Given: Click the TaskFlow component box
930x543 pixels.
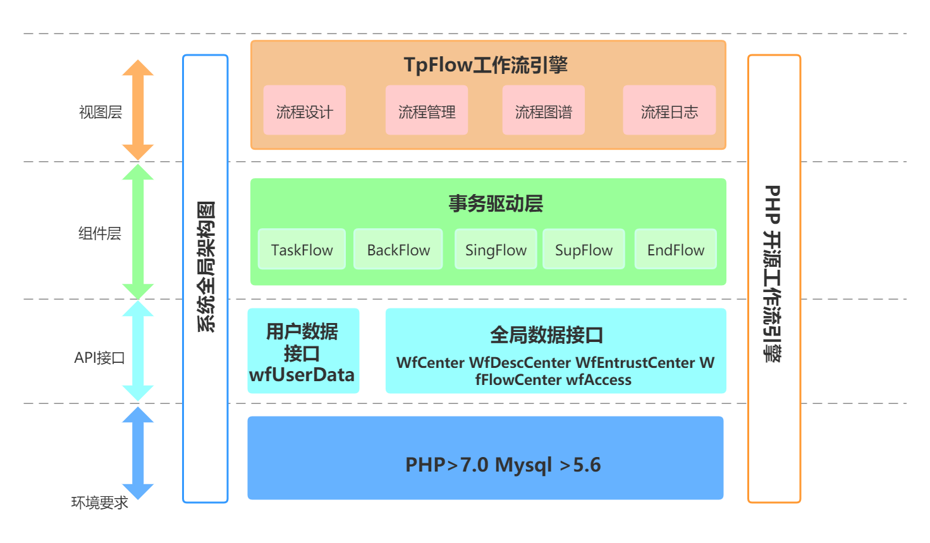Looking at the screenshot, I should (302, 250).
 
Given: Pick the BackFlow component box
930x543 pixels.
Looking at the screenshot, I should (398, 250).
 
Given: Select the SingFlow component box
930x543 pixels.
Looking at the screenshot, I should (496, 250).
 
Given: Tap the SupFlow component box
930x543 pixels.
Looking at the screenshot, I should (584, 250).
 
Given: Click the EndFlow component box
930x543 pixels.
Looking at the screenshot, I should (675, 250).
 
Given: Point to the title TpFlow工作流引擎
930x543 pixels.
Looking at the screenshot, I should (486, 65).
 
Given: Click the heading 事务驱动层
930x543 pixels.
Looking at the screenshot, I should (496, 204).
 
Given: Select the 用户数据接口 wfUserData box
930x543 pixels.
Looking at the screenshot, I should (303, 351).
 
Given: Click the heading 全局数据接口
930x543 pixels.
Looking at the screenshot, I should (547, 335).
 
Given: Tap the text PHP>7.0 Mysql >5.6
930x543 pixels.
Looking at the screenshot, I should (503, 465).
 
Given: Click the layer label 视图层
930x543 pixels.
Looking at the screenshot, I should (100, 113).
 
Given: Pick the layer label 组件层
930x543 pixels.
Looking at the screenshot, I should (99, 234).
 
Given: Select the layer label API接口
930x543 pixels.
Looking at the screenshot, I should (99, 358).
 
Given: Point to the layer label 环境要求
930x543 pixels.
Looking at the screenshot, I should (99, 503).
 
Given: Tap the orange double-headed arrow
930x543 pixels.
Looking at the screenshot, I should (138, 110).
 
